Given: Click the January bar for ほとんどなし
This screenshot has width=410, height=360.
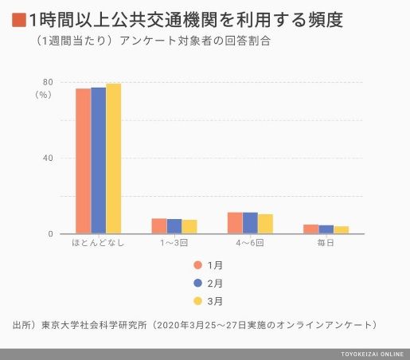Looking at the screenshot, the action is point(84,161).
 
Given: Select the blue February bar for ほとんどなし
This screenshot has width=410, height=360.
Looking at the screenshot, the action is point(99,161).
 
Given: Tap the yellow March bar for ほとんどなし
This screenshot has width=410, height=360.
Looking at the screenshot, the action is point(114,158).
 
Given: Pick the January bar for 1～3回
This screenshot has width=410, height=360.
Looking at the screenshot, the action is point(159,226).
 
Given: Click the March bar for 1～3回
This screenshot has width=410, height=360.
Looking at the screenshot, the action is point(189,227).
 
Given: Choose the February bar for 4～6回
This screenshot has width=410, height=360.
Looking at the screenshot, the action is point(250,223).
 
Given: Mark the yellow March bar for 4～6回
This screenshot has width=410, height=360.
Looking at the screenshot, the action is point(265,224).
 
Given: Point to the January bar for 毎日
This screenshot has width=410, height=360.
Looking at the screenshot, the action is point(311,229).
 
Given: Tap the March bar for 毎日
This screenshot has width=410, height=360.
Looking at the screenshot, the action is point(342,230).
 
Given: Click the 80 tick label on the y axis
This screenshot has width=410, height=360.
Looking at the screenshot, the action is point(48,82).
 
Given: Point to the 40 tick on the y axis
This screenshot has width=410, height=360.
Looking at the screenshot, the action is point(48,158).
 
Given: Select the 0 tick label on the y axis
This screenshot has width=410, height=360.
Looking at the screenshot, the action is point(50,234).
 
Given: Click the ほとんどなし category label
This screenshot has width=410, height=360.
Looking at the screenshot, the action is point(98,243).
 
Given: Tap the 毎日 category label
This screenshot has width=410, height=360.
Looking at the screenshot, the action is point(326,243).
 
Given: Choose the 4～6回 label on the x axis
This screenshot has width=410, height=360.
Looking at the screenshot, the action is point(250,243).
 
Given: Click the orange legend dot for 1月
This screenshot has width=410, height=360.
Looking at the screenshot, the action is point(198,265).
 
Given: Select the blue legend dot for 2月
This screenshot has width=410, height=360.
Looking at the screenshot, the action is point(198,284).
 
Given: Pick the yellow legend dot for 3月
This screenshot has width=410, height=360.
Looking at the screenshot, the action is point(198,301).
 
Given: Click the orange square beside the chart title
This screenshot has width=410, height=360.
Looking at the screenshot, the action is point(19,20).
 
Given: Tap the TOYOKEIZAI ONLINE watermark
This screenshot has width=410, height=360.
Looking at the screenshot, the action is point(373,354).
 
